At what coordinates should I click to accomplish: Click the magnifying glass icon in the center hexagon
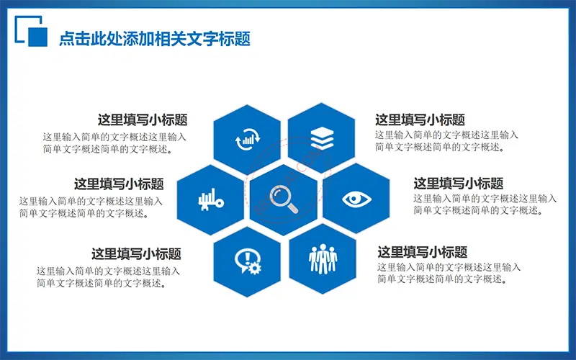point(283,199)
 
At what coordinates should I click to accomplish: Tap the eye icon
point(356,199)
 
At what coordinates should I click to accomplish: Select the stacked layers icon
point(322,138)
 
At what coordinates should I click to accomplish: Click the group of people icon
point(323,259)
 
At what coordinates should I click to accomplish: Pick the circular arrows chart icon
point(248,139)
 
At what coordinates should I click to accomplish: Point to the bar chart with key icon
point(211,200)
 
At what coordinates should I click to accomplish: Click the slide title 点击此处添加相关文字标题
point(155,39)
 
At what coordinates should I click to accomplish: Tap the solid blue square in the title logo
point(38,37)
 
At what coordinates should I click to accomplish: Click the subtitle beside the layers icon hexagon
point(420,120)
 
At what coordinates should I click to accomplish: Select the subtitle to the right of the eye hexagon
point(458,184)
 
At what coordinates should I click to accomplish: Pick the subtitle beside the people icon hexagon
point(423,253)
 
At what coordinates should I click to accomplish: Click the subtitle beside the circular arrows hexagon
point(143,120)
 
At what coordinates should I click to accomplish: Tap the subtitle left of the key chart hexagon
point(119,184)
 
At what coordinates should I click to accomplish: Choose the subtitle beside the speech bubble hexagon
point(136,254)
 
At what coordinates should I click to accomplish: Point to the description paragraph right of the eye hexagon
point(485,204)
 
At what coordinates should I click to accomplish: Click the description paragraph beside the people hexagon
point(449,274)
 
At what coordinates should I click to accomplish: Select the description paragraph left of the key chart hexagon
point(91,207)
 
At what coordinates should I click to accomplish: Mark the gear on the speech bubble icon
point(255,268)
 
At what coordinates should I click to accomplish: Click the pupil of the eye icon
point(354,199)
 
